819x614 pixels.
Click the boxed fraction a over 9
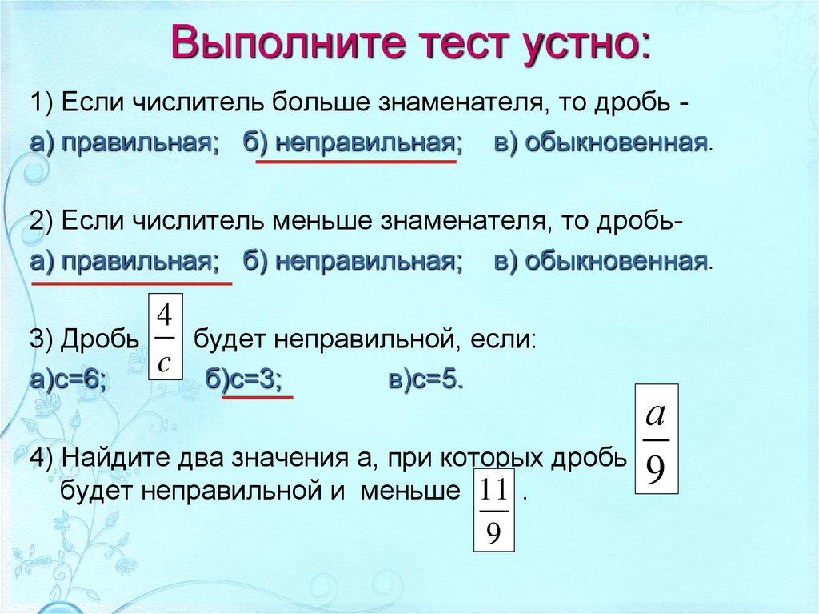pos(656,440)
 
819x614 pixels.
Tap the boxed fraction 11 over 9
pos(493,509)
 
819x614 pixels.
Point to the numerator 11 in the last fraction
pos(493,488)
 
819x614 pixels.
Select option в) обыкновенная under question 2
pos(590,262)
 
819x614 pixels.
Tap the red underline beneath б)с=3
pos(257,396)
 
